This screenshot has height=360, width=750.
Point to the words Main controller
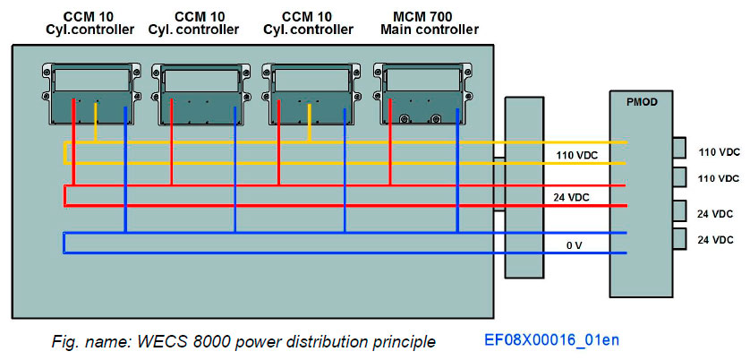[429, 30]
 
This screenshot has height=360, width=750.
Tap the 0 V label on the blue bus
[575, 244]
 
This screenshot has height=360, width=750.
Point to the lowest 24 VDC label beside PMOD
[716, 240]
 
